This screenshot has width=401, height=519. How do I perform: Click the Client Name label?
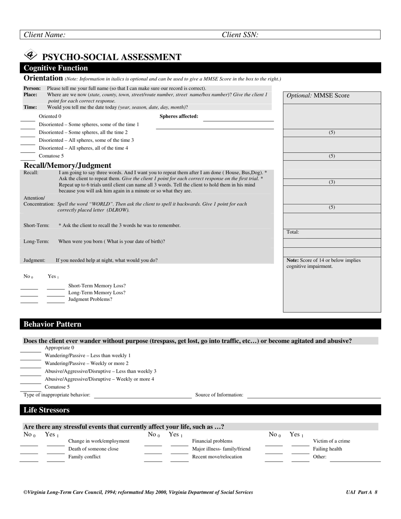[44, 35]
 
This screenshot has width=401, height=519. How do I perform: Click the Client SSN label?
[240, 35]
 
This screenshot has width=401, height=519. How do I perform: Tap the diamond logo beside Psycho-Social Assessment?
[31, 55]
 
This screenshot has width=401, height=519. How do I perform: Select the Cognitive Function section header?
[56, 68]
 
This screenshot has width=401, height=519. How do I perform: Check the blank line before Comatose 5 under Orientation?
[28, 159]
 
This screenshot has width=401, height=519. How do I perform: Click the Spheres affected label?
[179, 116]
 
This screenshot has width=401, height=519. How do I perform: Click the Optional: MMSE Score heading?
[318, 96]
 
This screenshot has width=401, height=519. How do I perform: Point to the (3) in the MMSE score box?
[332, 182]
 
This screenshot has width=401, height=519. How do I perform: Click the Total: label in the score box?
[293, 232]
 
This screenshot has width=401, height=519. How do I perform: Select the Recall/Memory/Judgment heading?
[68, 165]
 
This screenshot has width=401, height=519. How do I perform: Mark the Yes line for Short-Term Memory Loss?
[56, 289]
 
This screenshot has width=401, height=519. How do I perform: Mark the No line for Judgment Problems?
[29, 303]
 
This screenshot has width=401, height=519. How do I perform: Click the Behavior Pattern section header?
[52, 324]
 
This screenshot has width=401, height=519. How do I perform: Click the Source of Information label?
[219, 395]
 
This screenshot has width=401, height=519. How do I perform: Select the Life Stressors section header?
[46, 410]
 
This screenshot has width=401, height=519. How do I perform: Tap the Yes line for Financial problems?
[179, 446]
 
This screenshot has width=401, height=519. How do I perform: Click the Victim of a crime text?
[331, 441]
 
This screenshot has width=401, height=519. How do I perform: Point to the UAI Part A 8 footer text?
[361, 492]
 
